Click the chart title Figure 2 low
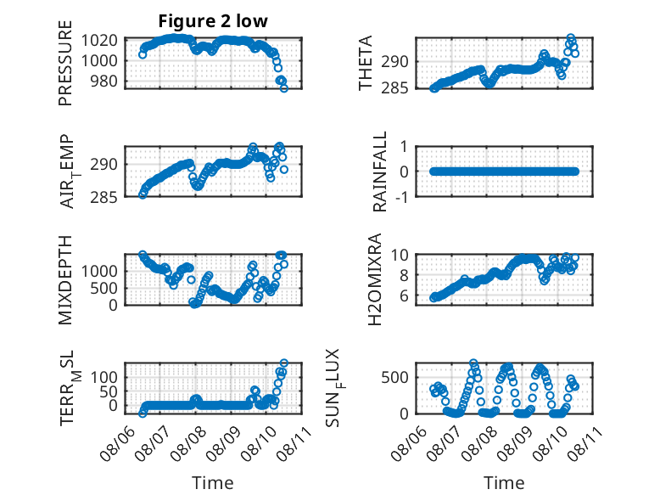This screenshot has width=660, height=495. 213,21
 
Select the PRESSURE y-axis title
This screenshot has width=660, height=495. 65,63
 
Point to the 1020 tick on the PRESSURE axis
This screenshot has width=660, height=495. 99,41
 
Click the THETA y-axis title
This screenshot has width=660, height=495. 366,63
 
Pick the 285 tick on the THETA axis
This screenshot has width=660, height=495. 394,88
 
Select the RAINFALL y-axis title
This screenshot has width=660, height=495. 380,172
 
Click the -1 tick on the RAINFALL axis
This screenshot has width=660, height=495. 402,197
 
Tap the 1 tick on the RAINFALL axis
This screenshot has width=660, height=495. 404,147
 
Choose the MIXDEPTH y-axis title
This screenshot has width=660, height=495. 65,279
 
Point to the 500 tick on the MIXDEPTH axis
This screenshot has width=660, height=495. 104,289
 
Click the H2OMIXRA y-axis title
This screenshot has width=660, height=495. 375,279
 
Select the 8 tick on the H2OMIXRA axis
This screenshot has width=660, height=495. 404,275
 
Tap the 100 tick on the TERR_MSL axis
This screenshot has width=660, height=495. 104,378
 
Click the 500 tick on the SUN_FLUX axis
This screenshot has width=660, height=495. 394,378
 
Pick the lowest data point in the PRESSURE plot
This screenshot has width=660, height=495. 283,88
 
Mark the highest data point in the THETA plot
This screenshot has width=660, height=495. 571,38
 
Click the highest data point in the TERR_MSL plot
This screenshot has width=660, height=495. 284,363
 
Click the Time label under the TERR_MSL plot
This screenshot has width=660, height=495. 213,483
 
